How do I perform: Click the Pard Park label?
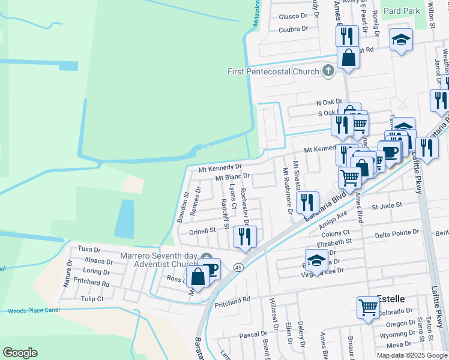402,11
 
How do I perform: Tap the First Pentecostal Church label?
273,72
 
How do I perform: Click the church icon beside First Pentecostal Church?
328,71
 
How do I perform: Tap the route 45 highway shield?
238,266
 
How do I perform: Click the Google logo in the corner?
20,352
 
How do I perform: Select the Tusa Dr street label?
89,249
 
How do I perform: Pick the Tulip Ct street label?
92,299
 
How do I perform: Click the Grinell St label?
202,230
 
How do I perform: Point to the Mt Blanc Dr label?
232,177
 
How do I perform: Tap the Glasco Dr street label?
293,16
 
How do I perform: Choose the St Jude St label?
386,206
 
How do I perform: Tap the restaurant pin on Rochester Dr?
246,235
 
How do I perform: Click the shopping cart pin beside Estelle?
369,307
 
